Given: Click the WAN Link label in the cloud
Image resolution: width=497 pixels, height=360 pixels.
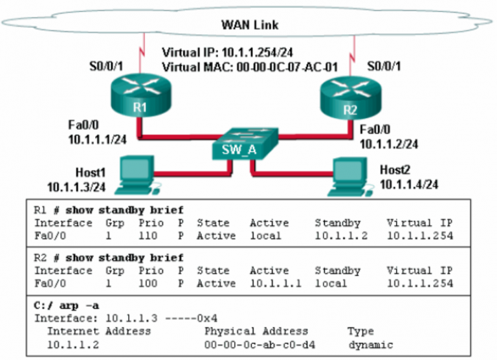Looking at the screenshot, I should (x=248, y=25).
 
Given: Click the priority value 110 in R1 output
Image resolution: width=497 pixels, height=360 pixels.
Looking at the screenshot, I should (x=148, y=236).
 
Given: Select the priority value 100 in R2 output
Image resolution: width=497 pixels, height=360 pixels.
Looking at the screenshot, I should (x=148, y=283).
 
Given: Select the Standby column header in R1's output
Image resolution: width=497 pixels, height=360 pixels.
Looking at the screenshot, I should (x=337, y=223).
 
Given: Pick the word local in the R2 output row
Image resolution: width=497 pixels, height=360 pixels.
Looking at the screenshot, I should (x=331, y=283).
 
